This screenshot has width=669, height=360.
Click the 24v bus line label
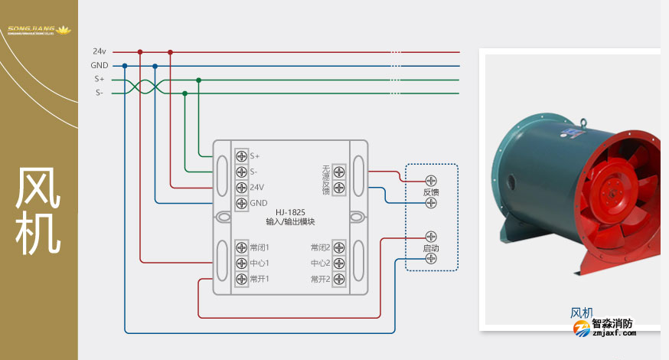pos(100,51)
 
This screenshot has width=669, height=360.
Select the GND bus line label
pos(100,65)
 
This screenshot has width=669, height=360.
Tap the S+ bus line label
pos(100,79)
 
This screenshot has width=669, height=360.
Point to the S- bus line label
pos(100,93)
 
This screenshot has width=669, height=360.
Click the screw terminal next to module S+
pos(241,156)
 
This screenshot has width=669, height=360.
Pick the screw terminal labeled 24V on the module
pos(241,187)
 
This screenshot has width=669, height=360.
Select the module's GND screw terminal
pos(241,203)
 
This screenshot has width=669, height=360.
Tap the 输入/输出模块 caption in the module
pos(289,221)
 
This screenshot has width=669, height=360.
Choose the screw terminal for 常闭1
pos(241,247)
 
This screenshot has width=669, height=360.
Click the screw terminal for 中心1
pos(241,263)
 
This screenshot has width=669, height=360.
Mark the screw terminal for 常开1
pos(241,279)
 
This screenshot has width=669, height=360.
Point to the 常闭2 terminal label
pos(320,247)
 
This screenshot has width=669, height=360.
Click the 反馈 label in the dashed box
pos(431,192)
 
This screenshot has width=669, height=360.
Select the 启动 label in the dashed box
pos(431,248)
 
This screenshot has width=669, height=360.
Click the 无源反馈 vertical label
pos(325,179)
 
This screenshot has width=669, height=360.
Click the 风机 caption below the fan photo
pos(582,313)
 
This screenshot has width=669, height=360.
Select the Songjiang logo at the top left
pos(38,31)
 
